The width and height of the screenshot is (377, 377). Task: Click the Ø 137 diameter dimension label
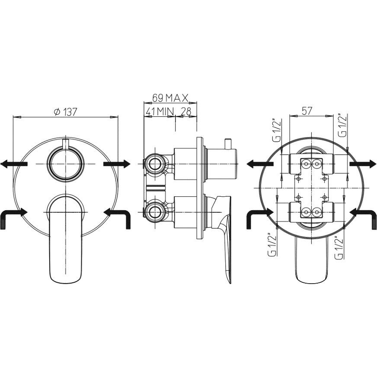(65, 112)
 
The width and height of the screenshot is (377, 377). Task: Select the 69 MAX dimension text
(170, 98)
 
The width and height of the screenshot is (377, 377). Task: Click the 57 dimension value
(307, 111)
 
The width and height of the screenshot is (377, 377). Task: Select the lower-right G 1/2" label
(339, 248)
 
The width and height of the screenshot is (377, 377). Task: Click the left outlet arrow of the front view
(14, 164)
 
